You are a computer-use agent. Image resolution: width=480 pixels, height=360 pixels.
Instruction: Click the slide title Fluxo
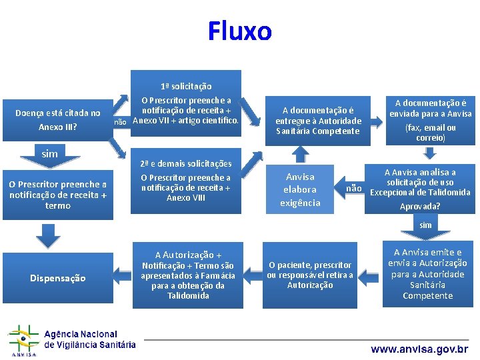[x=239, y=31]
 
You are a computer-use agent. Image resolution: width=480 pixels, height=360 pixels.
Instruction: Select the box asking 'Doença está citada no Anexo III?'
[x=58, y=119]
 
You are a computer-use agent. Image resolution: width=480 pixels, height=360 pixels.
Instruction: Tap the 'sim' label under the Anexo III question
[x=49, y=154]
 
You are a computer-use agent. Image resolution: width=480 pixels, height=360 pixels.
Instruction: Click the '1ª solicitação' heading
[x=186, y=86]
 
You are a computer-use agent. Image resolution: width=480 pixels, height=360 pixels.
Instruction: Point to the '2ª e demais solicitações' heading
[x=186, y=163]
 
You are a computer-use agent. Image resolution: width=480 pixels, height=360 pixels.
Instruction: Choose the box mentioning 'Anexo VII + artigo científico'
[x=186, y=111]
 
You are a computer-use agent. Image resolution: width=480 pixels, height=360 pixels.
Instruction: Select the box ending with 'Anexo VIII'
[x=186, y=188]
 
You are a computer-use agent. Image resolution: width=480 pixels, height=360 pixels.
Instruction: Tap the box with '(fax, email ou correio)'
[x=431, y=121]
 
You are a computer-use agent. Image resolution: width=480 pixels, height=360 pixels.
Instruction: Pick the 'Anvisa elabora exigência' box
[x=300, y=189]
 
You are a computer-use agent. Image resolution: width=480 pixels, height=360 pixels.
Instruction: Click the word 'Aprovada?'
[x=419, y=207]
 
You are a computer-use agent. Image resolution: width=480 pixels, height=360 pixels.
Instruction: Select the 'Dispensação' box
[x=58, y=278]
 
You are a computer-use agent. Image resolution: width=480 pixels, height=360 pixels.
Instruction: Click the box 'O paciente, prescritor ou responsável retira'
[x=309, y=275]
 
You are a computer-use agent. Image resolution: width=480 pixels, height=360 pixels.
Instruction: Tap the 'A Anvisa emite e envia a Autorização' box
[x=427, y=274]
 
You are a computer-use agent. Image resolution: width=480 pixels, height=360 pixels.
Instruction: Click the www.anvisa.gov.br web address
[x=419, y=349]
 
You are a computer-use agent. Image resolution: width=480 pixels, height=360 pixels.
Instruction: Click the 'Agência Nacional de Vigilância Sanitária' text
[x=89, y=339]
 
